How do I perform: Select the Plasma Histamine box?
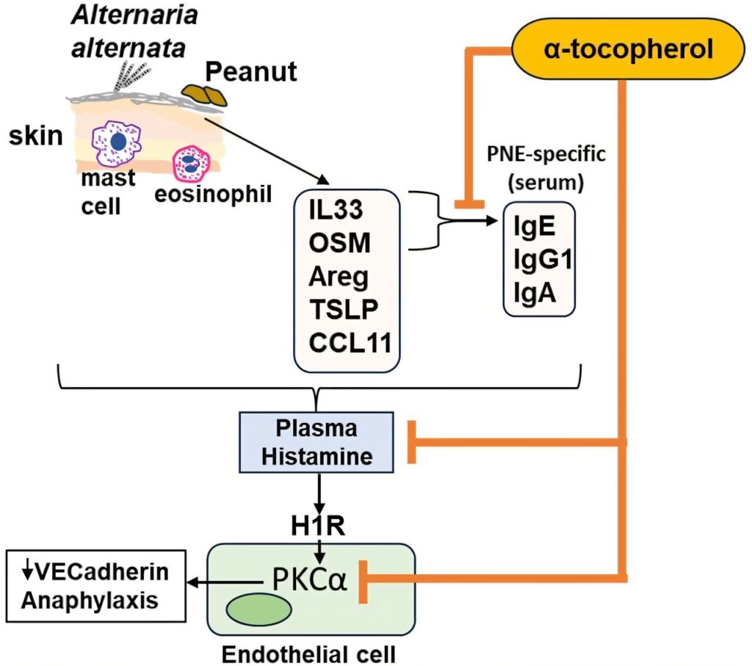coord(317,443)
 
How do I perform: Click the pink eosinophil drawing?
coord(189,163)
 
